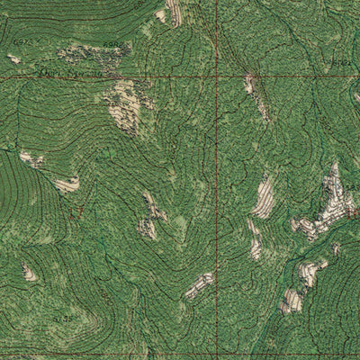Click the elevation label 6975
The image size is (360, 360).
point(22,42)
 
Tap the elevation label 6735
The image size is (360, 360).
point(64,318)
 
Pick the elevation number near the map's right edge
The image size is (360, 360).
point(341,62)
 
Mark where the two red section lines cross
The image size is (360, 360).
point(216,77)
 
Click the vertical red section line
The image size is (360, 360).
point(216,180)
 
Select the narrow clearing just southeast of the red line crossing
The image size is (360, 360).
point(255,94)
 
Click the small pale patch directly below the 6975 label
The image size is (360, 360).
point(14,58)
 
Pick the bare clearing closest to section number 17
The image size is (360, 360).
point(67,184)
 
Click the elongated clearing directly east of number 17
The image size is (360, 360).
point(149,216)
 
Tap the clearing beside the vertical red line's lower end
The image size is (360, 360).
point(199,285)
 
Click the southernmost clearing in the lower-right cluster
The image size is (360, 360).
point(292,301)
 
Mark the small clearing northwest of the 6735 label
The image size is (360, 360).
point(30,272)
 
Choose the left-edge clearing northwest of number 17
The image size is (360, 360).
point(31,159)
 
